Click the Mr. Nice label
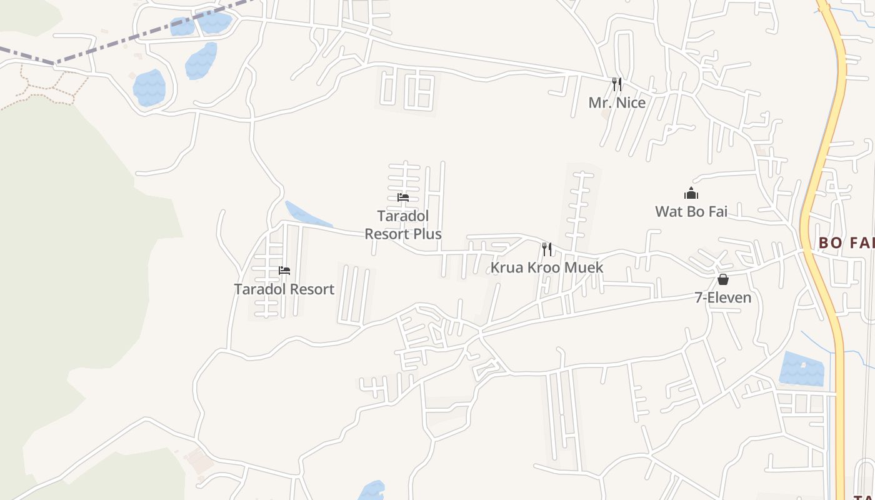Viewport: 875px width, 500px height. coord(617,102)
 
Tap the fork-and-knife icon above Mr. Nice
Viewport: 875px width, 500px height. coord(616,84)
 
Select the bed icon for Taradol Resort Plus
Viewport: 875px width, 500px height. coord(403,197)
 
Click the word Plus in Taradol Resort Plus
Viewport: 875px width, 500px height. coord(428,234)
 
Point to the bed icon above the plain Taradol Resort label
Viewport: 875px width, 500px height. coord(284,271)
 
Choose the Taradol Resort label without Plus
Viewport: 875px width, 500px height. coord(284,289)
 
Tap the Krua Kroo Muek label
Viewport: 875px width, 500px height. coord(547,267)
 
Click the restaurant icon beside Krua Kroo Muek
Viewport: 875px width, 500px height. coord(547,249)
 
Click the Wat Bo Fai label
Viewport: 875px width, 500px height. coord(691,211)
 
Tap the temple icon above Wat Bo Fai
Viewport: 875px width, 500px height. coord(691,193)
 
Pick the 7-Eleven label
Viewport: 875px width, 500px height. coord(723,297)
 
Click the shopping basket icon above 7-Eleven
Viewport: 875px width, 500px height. coord(723,279)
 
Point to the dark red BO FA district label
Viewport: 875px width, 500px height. coord(846,242)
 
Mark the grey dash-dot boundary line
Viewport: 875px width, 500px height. coord(125,39)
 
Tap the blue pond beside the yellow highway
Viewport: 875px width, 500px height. coord(802,369)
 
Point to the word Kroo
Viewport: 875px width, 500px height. coord(544,267)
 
